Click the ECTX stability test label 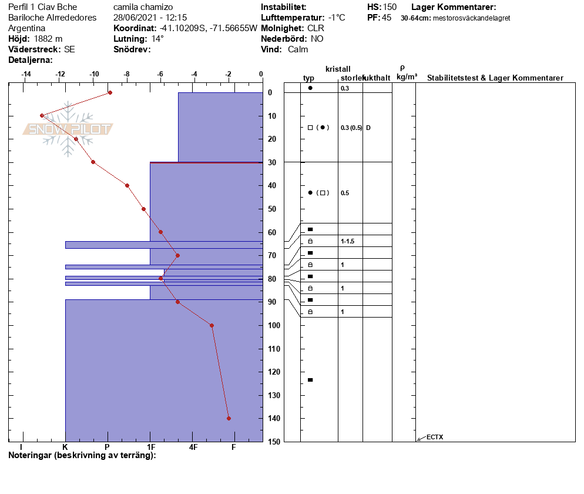point(435,437)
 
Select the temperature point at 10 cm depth point(42,116)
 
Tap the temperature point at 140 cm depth point(229,418)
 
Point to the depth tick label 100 point(274,325)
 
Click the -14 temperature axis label point(26,74)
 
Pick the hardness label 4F point(193,447)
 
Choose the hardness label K point(65,447)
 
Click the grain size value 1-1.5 point(347,241)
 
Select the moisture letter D point(368,128)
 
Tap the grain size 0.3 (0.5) point(351,128)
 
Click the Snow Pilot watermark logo point(68,129)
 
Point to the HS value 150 point(390,7)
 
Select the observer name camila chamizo point(143,7)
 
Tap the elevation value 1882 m point(48,39)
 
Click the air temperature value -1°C point(337,18)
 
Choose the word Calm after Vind point(298,49)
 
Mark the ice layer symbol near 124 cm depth point(310,380)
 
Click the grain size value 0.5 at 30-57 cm point(345,193)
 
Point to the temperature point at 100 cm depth point(212,325)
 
